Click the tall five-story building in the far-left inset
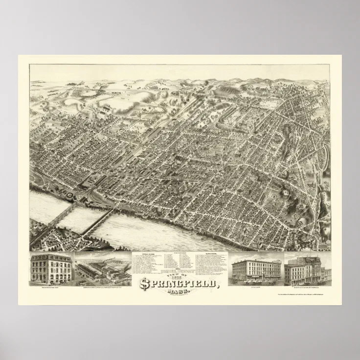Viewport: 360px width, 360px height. coord(51,269)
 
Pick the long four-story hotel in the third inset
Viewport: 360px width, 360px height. coord(256,270)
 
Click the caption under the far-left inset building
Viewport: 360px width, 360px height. coord(51,288)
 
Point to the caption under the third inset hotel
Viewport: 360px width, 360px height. coord(256,288)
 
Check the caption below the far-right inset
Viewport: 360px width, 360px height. coord(307,288)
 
